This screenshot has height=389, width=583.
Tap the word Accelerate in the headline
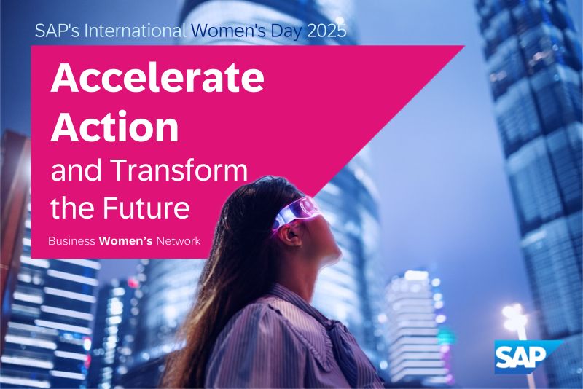(157, 78)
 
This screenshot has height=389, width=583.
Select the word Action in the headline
(114, 127)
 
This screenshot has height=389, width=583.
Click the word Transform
(179, 170)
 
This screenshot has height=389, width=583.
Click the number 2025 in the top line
(326, 31)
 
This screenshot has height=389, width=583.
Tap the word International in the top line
(136, 31)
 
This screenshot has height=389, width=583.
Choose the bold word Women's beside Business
(125, 241)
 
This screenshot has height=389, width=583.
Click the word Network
(179, 241)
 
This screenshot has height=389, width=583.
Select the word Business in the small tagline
(71, 241)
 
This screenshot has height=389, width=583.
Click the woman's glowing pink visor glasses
(296, 213)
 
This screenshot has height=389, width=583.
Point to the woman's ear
(292, 235)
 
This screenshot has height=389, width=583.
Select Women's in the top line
(229, 31)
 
